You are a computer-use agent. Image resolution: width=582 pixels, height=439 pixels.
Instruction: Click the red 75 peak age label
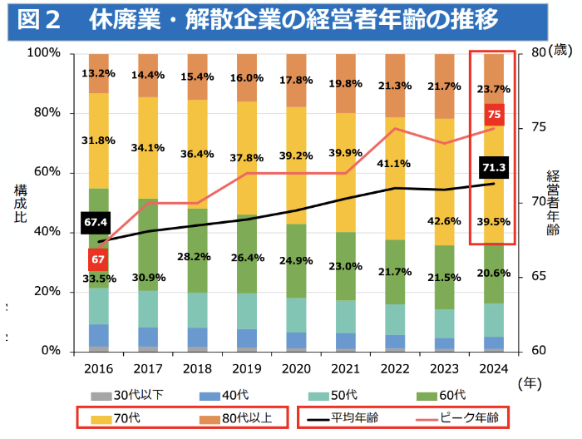click(x=494, y=116)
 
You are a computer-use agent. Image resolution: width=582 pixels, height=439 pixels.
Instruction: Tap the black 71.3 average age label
click(x=494, y=169)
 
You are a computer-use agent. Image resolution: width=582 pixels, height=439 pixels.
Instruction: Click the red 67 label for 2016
click(x=98, y=259)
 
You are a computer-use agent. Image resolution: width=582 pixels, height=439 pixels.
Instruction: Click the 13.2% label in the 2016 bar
click(x=98, y=74)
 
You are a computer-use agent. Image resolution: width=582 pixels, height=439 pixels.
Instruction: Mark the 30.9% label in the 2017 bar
click(x=148, y=276)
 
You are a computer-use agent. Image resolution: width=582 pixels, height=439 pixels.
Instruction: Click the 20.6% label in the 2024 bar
click(x=494, y=274)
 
